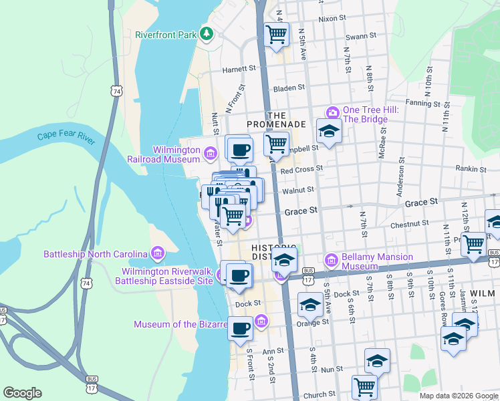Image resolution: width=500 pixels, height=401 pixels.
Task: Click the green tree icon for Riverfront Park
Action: point(207,33)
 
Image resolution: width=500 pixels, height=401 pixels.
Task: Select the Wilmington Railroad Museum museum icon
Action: point(210,154)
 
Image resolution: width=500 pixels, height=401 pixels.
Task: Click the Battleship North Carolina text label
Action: point(95,254)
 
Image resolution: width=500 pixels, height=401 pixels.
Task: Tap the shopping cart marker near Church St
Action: point(364,386)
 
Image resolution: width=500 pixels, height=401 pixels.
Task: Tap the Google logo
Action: point(22,393)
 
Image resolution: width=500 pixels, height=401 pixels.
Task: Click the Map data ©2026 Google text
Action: point(459,396)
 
